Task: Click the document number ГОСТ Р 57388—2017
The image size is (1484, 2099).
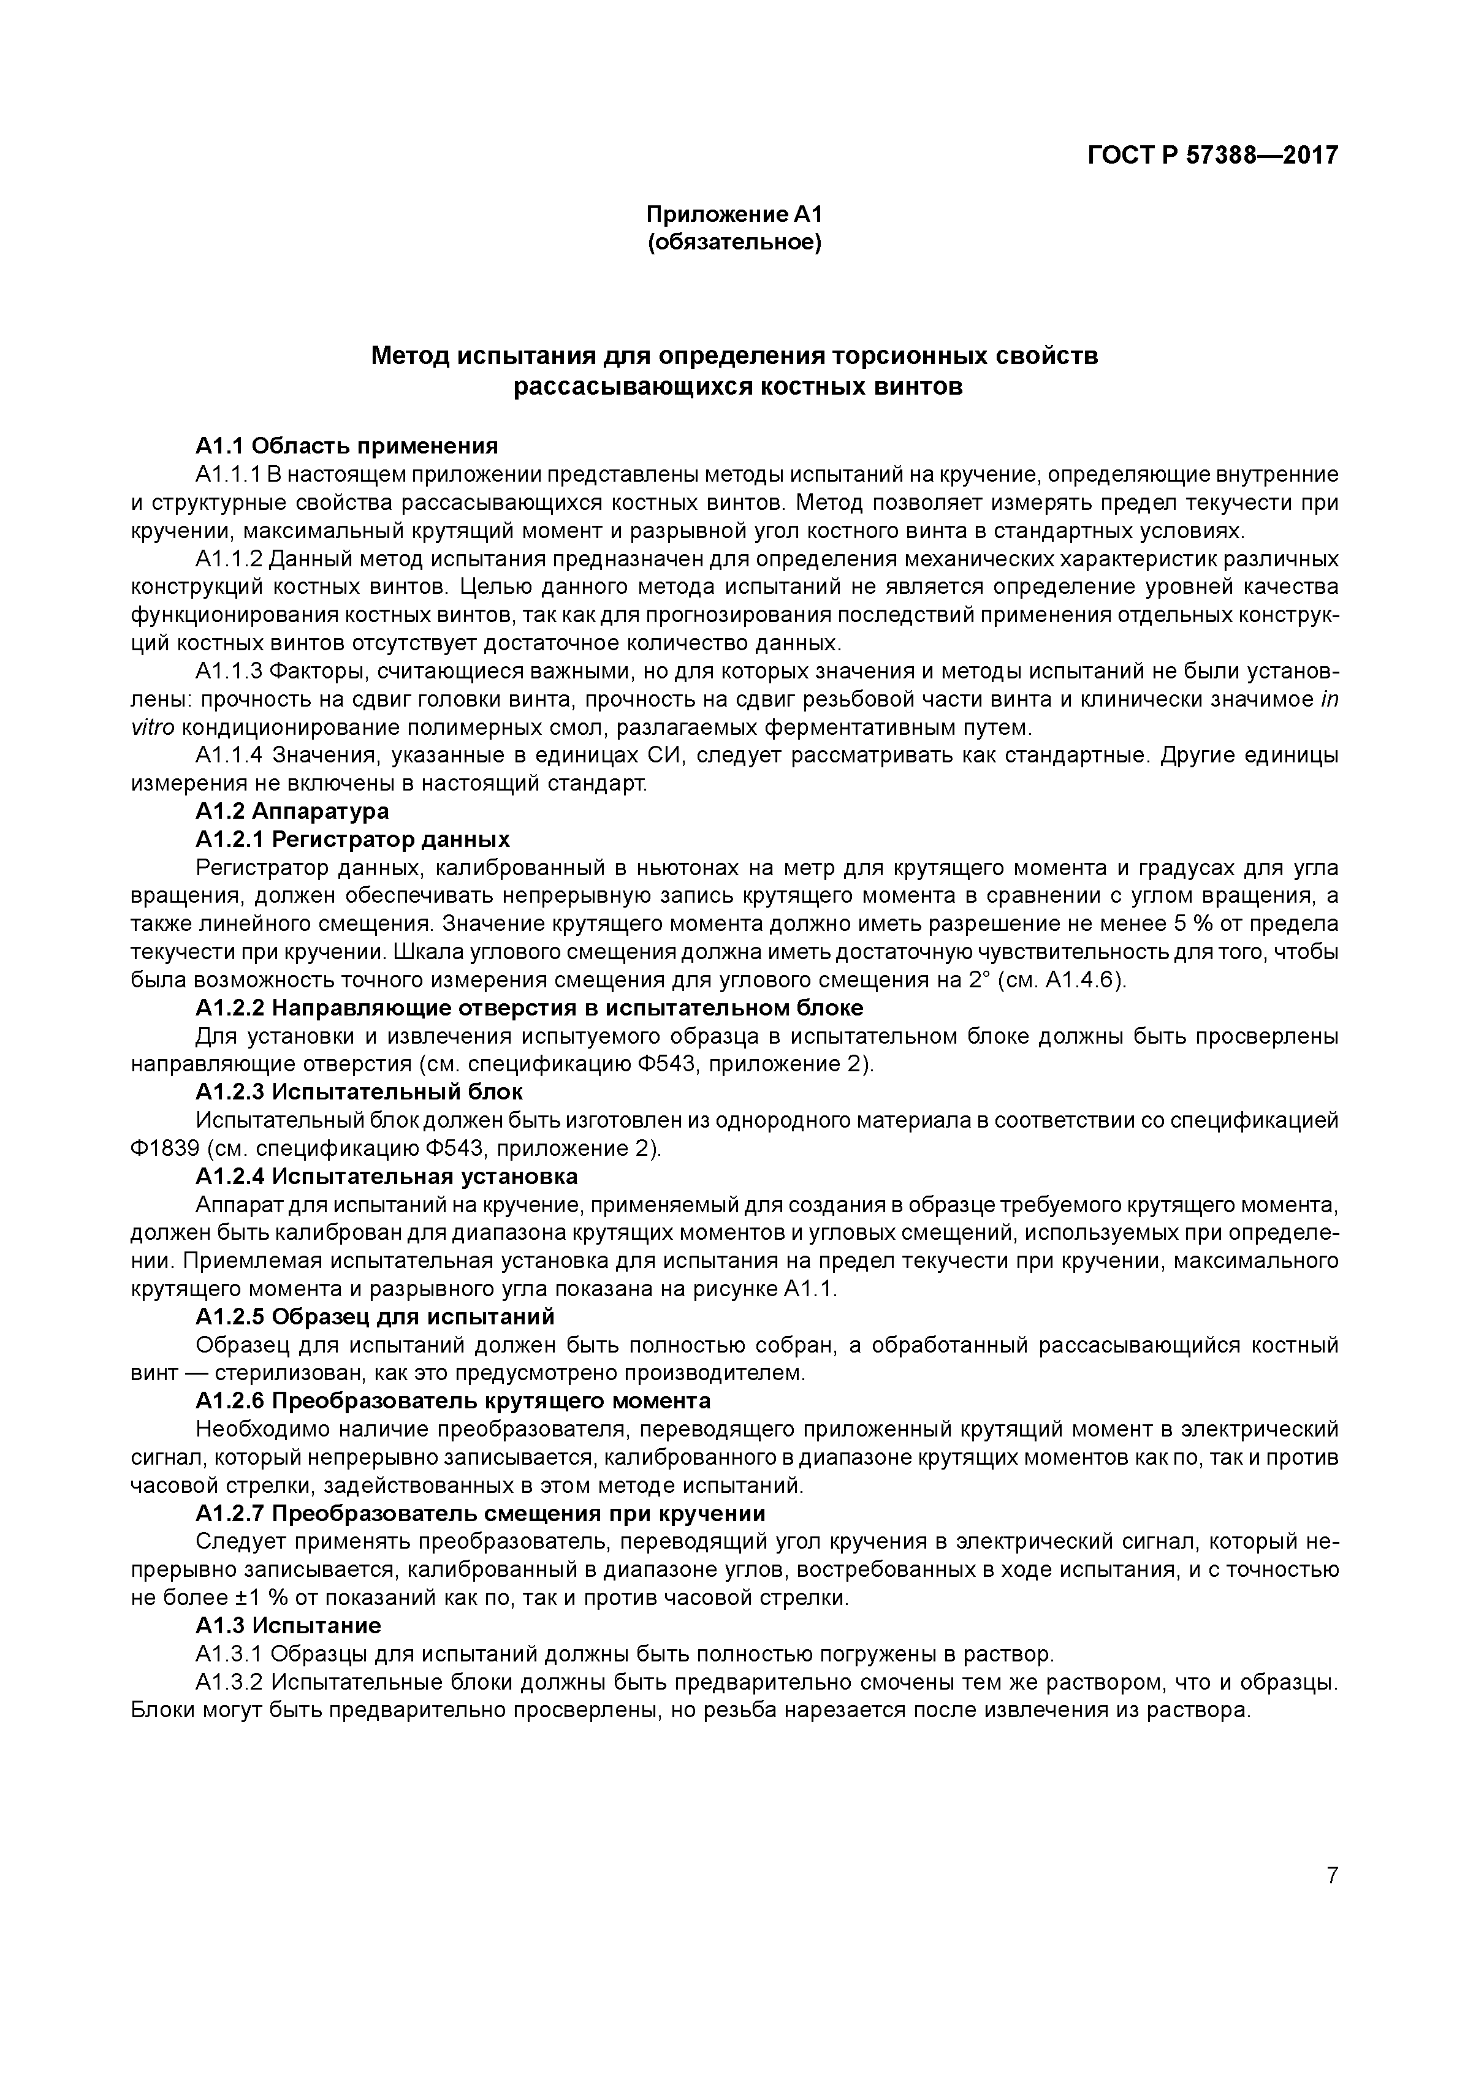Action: click(x=1211, y=156)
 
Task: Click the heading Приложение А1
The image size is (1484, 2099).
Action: click(x=735, y=215)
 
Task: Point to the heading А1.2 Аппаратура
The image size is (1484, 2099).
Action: click(x=292, y=811)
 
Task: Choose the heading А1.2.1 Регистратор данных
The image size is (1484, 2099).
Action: click(x=352, y=839)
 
